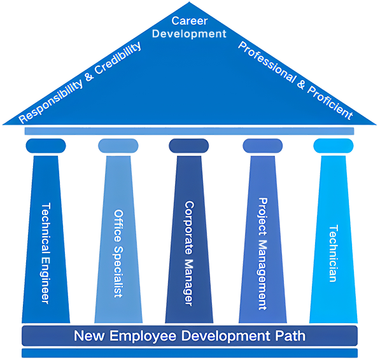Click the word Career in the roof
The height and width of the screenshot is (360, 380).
[x=190, y=21]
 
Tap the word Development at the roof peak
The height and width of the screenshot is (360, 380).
[x=189, y=34]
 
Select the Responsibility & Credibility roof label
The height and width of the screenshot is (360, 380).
[x=80, y=82]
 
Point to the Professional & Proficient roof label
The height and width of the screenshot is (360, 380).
[x=295, y=81]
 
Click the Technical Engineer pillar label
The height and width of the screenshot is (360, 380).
[x=46, y=253]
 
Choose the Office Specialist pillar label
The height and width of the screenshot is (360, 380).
[x=118, y=254]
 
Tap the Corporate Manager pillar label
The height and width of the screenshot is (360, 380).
[x=189, y=253]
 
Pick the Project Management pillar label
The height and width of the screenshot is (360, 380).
[x=262, y=254]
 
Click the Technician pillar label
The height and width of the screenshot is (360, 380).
[x=334, y=254]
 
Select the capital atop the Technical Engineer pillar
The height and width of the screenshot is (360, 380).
[x=46, y=146]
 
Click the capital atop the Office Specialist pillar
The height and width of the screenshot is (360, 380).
[x=118, y=146]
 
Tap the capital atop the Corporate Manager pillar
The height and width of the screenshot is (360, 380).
[x=189, y=146]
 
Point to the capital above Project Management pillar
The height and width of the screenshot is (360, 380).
[x=262, y=146]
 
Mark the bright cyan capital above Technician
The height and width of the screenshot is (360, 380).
[x=334, y=146]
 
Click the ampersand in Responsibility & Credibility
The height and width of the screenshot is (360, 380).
[x=89, y=76]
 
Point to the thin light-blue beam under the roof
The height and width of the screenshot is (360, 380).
[x=189, y=131]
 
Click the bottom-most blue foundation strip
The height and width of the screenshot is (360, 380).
[x=190, y=353]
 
